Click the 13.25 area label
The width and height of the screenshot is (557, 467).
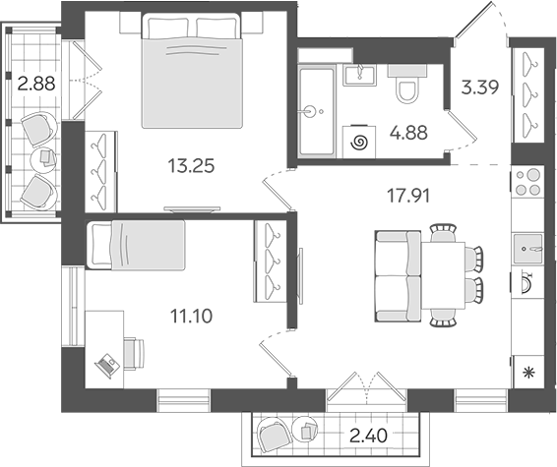coord(192,166)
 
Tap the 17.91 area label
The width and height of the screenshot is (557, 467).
coord(408,196)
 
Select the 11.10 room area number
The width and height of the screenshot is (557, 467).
coord(192,316)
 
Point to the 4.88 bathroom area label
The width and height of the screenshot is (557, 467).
coord(408,133)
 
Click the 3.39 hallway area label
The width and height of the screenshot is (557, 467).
coord(480,88)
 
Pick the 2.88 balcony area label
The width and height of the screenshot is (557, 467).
coord(36,85)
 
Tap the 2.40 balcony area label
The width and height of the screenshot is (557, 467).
coord(368,436)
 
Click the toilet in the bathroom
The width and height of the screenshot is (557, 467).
coord(407,84)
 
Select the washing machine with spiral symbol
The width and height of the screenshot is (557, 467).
coord(359,142)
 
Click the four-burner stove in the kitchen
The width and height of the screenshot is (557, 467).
coord(527,182)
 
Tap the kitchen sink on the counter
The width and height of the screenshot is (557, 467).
coord(527,248)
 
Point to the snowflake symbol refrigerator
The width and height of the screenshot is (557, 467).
coord(528,373)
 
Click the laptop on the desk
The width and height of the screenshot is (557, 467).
coord(107,366)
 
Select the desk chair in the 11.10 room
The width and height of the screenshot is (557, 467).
coord(134,354)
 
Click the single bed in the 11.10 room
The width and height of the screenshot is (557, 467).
coord(136,245)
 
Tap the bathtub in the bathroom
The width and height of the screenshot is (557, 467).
coord(317,111)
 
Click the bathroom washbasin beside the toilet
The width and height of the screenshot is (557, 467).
coord(359,75)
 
